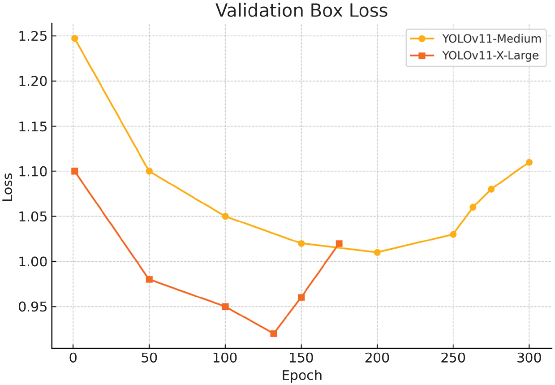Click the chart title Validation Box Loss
tap(301, 11)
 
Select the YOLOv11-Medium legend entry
tap(491, 39)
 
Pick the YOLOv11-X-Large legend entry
tap(490, 56)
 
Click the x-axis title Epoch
tap(301, 375)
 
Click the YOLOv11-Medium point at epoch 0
tap(74, 39)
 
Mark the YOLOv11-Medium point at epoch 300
tap(529, 162)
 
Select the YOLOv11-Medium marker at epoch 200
tap(377, 252)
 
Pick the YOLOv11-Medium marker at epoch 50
tap(149, 171)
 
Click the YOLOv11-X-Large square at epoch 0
tap(74, 171)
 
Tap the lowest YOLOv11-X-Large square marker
tap(274, 333)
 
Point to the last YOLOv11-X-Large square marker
tap(339, 244)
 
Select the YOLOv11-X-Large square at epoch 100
tap(225, 307)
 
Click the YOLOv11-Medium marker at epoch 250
tap(453, 234)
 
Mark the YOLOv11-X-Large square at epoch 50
tap(149, 279)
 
